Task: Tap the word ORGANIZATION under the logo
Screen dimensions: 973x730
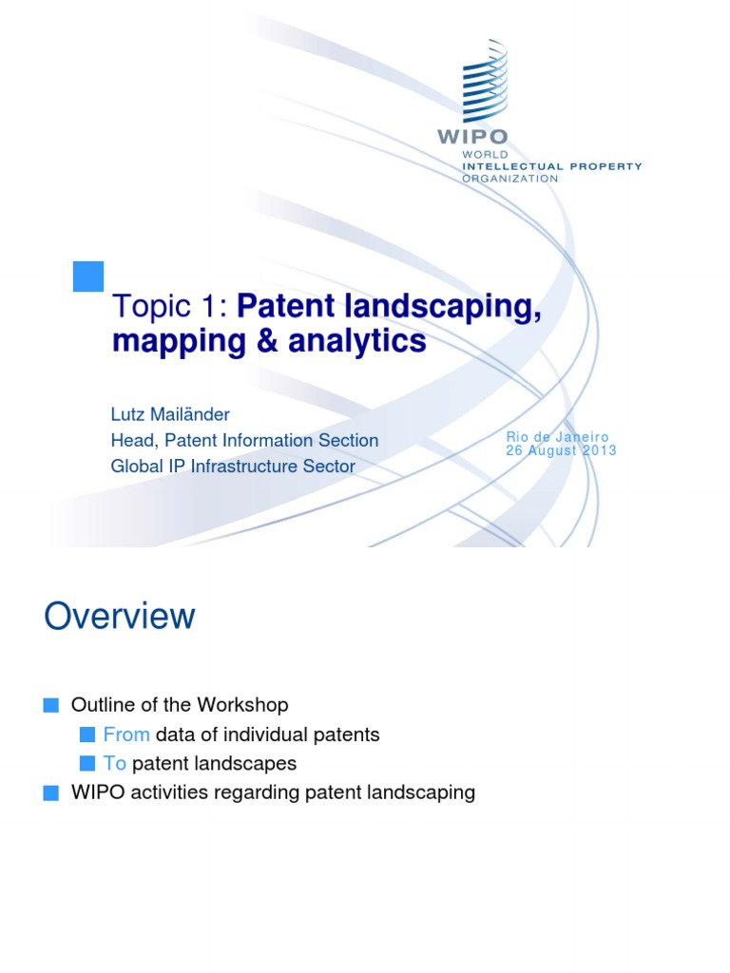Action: pos(509,178)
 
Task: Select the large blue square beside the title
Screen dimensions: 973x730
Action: pos(87,276)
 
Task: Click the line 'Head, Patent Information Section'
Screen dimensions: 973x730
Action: pos(244,441)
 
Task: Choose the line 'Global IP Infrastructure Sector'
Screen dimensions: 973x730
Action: pos(233,467)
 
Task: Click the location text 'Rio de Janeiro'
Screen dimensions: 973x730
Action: pos(557,437)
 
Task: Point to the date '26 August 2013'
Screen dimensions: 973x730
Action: pos(561,450)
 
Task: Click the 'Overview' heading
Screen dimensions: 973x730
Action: pos(120,617)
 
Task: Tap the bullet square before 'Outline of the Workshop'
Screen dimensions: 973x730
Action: pos(51,705)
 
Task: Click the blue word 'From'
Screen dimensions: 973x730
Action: pos(126,735)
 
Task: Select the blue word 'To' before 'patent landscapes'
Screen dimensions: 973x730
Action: pos(115,763)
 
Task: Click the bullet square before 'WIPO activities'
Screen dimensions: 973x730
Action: pos(51,792)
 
